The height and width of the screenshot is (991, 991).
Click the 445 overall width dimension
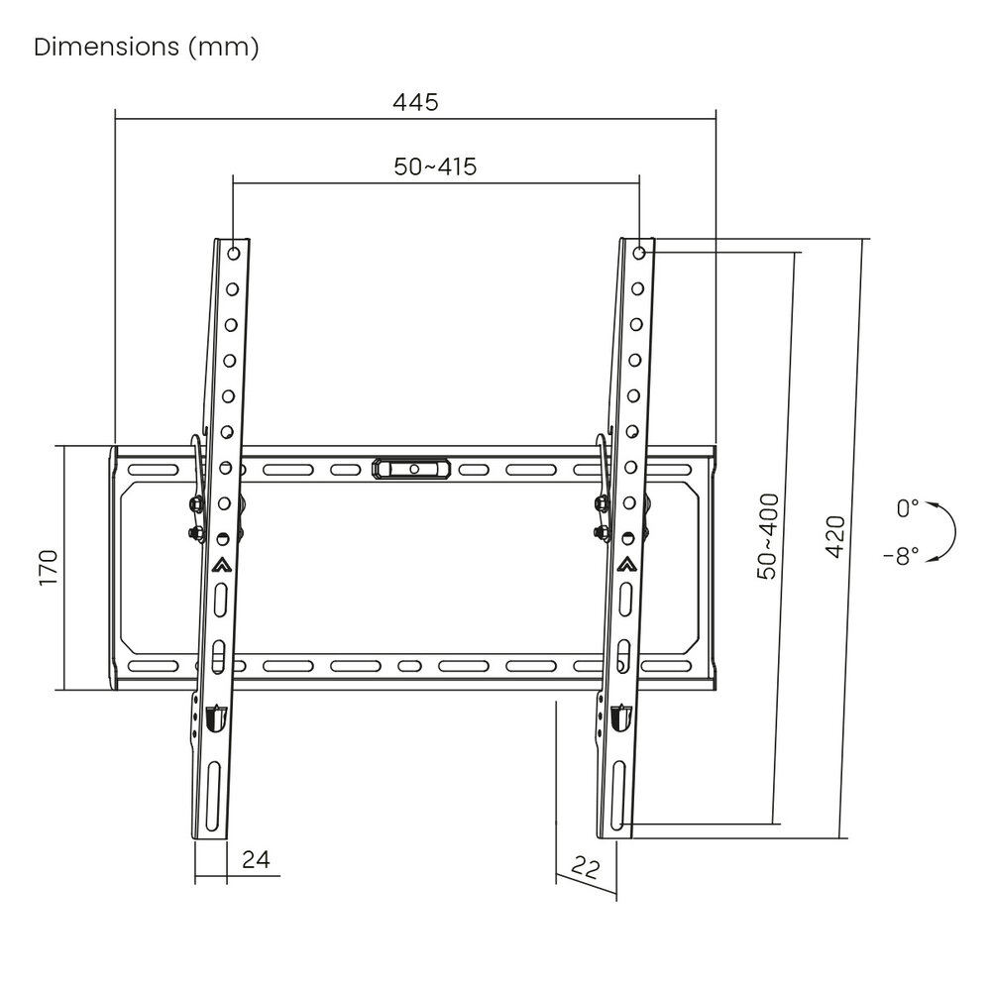tap(415, 102)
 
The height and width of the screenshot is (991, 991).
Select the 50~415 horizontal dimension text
tap(435, 166)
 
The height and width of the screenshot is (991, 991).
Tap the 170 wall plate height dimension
tap(49, 568)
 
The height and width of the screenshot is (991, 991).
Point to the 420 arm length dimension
tap(835, 537)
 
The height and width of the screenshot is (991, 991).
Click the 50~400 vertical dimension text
tap(768, 536)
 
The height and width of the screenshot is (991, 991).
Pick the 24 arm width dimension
tap(256, 859)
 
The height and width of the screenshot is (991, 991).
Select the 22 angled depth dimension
tap(586, 867)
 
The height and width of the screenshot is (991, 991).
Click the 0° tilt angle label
tap(908, 507)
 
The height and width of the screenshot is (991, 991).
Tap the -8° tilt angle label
tap(902, 556)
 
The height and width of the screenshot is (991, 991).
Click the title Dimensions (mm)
tap(146, 47)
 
